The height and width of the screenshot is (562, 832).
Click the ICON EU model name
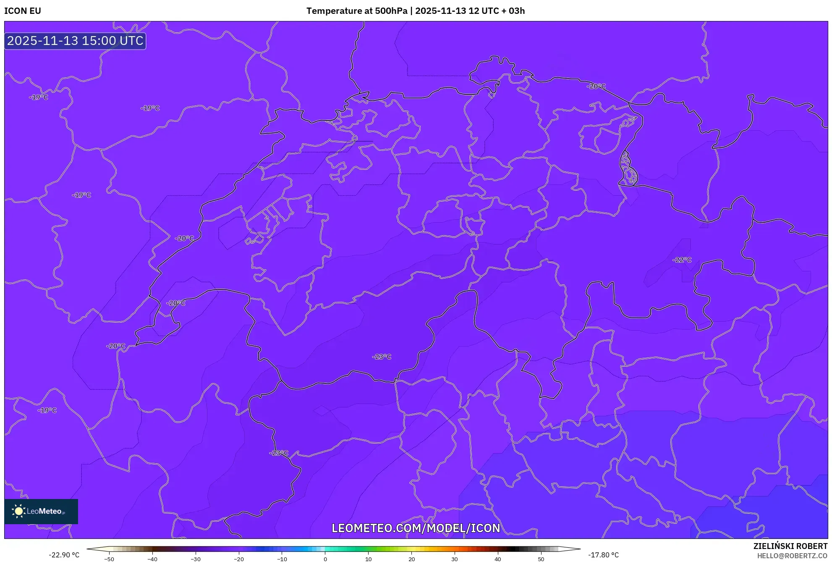[23, 11]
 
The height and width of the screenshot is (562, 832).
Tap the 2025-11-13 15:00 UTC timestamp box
[75, 41]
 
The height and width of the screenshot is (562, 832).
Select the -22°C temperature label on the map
[682, 260]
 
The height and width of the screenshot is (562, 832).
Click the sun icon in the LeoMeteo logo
[18, 511]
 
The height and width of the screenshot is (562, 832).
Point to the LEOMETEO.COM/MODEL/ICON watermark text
[416, 528]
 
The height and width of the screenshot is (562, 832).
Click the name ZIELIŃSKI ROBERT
[790, 546]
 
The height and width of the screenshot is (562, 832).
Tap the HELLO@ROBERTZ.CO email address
[792, 556]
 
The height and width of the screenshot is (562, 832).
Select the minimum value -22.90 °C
[64, 555]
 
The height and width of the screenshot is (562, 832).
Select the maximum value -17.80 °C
[603, 555]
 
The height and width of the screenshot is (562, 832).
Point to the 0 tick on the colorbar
[325, 559]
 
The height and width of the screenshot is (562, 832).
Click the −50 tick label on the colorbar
[109, 559]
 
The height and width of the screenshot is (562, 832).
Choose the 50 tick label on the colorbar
[541, 559]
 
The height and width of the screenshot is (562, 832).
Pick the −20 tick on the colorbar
[238, 559]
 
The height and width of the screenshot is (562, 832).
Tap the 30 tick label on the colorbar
[455, 559]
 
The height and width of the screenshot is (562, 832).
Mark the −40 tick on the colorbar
[152, 559]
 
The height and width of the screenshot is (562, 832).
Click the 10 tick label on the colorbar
[368, 559]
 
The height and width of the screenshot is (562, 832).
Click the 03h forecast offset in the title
[516, 11]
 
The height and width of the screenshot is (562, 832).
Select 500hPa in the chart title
[391, 11]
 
